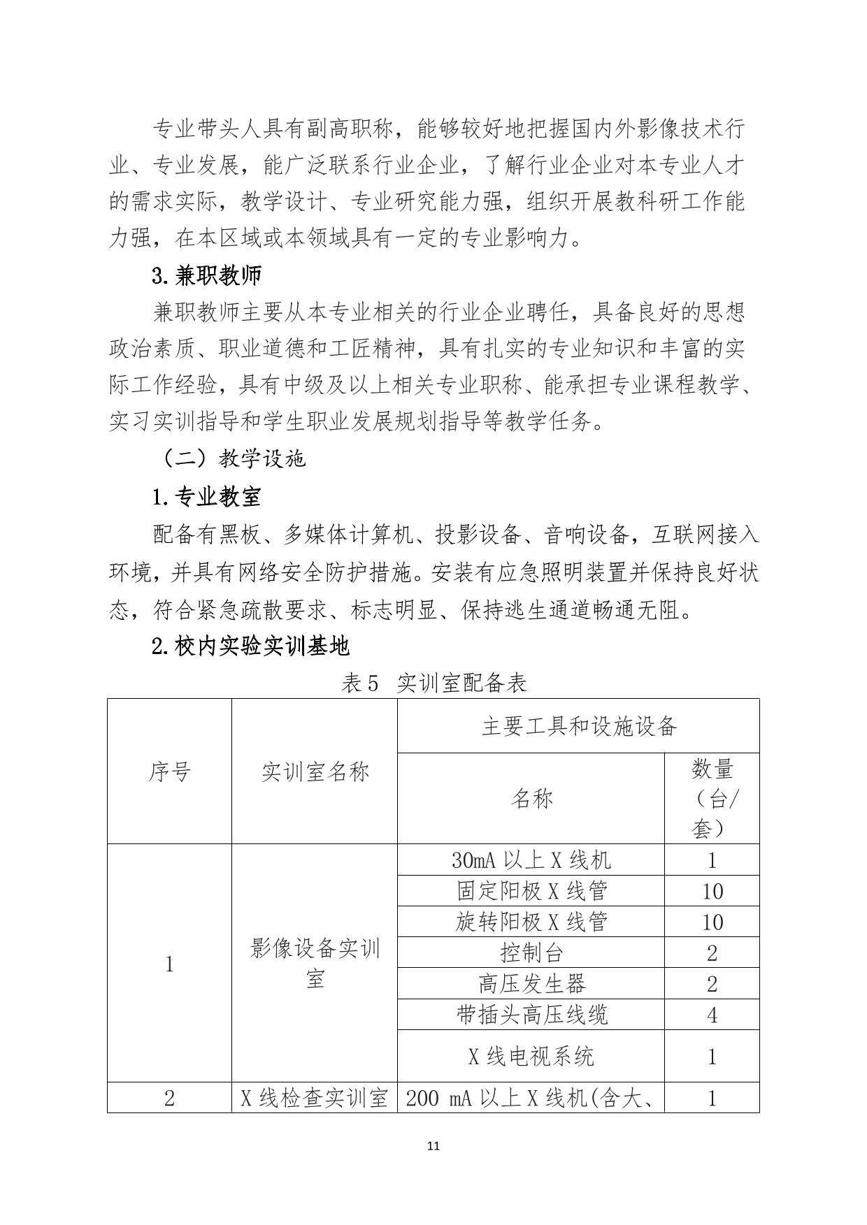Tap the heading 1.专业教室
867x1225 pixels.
206,497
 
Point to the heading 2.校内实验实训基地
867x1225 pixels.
250,646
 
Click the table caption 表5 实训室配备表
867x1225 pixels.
433,683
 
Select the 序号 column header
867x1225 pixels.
169,771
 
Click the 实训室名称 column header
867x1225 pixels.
315,771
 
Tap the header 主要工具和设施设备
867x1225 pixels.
579,727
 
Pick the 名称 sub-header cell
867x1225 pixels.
531,798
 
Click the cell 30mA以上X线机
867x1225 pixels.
531,860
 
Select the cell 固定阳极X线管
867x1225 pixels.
531,891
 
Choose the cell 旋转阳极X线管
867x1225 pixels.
531,922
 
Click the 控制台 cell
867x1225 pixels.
531,952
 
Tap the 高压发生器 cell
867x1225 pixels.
531,983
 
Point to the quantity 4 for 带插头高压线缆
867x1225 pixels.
712,1014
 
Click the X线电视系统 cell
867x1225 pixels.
531,1056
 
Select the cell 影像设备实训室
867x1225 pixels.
315,964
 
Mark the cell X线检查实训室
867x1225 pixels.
315,1098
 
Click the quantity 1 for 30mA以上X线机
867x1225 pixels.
712,860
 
